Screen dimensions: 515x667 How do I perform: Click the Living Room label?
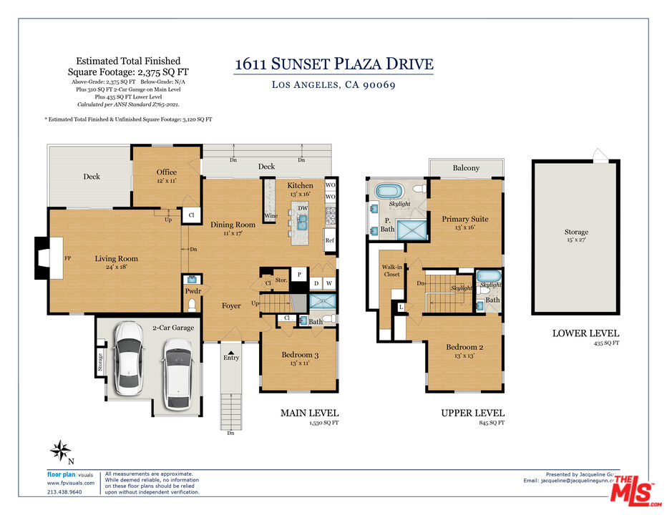pyautogui.click(x=116, y=259)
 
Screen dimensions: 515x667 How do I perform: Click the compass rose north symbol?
pyautogui.click(x=60, y=451)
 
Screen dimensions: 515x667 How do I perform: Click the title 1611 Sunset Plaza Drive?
pyautogui.click(x=333, y=64)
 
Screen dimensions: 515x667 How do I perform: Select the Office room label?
pyautogui.click(x=166, y=172)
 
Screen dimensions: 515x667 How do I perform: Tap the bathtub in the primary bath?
pyautogui.click(x=390, y=192)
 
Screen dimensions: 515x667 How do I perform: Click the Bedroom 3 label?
pyautogui.click(x=300, y=355)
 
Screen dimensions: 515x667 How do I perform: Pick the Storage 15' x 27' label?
pyautogui.click(x=575, y=232)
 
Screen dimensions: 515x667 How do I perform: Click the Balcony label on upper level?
pyautogui.click(x=466, y=168)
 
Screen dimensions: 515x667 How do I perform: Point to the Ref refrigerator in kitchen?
pyautogui.click(x=330, y=241)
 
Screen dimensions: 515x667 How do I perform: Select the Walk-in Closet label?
pyautogui.click(x=391, y=270)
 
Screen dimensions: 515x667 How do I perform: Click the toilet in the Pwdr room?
pyautogui.click(x=191, y=305)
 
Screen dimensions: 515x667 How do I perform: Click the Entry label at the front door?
pyautogui.click(x=230, y=357)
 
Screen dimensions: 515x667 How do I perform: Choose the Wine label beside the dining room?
pyautogui.click(x=271, y=215)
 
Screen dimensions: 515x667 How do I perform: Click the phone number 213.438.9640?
pyautogui.click(x=64, y=491)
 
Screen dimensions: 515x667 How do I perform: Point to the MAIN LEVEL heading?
pyautogui.click(x=309, y=413)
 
